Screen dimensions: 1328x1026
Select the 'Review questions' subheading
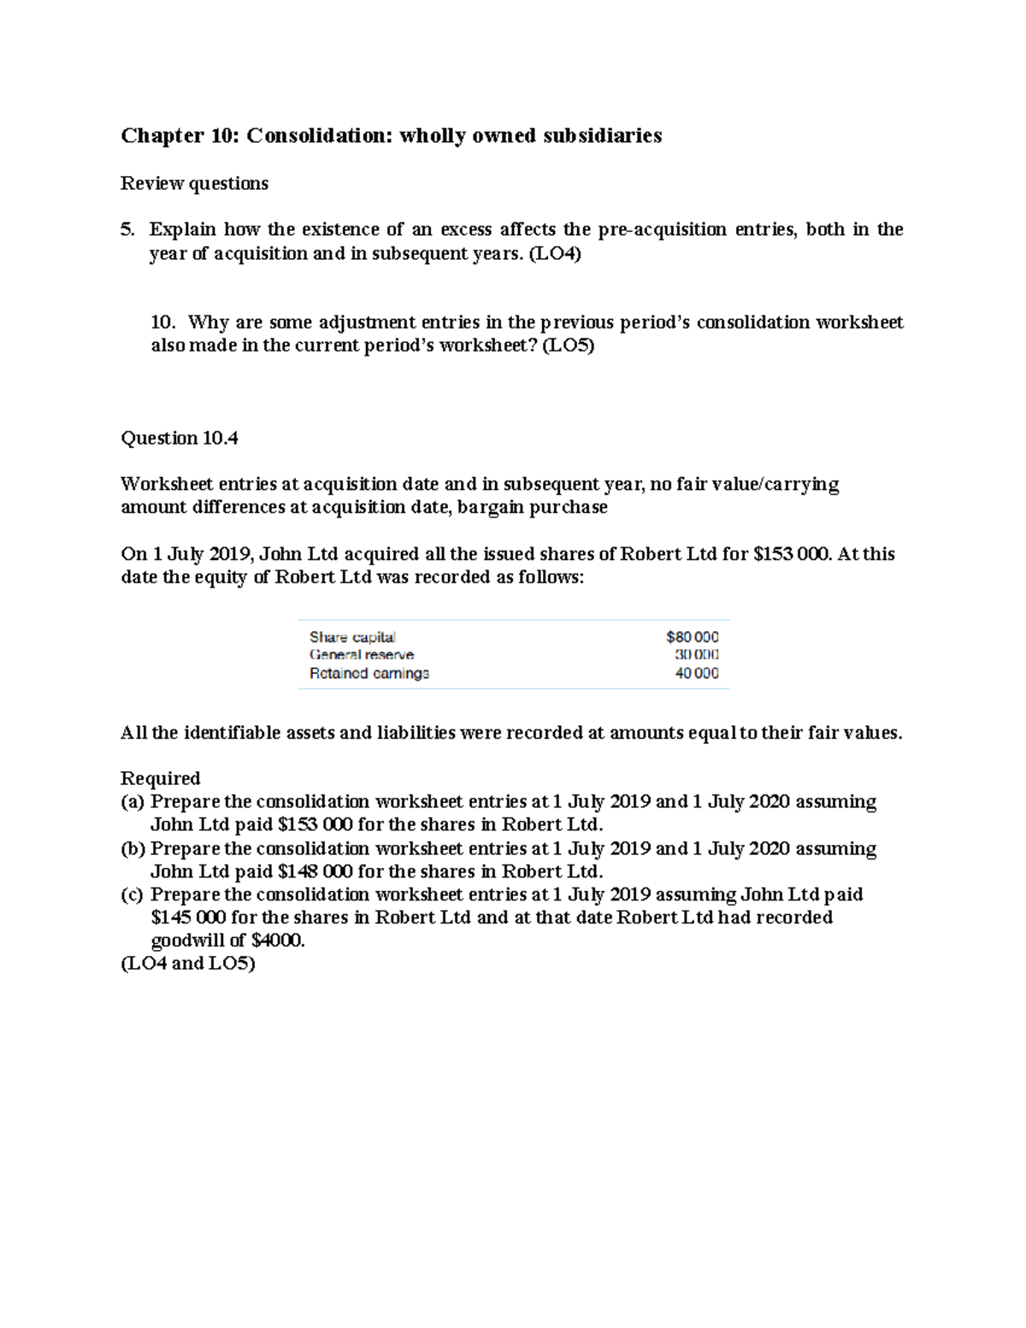[194, 183]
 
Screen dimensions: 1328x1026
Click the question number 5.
[127, 229]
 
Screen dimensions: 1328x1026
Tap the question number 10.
[162, 322]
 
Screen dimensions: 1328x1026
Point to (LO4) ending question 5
[555, 253]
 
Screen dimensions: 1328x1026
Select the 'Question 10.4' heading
[180, 439]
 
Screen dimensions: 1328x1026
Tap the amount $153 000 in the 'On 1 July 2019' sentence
[791, 554]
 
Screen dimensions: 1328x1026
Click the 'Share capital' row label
[352, 637]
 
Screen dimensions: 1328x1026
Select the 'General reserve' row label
[362, 655]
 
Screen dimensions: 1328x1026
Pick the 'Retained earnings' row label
[369, 673]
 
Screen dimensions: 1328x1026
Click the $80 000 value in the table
[693, 637]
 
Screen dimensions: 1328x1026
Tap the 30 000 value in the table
[697, 655]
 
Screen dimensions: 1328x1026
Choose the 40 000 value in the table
[697, 673]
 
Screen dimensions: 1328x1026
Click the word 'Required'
[160, 778]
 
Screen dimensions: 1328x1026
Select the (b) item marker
[133, 849]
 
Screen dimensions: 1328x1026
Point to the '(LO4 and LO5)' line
[188, 964]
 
